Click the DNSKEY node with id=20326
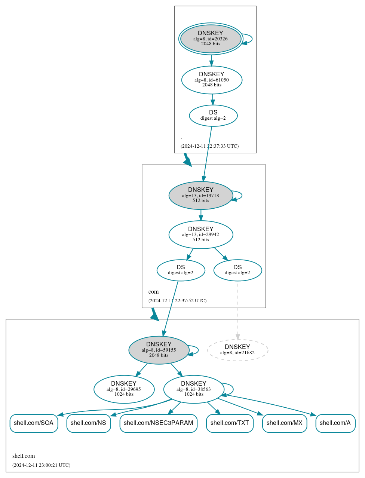pyautogui.click(x=211, y=39)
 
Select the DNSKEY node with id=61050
pyautogui.click(x=212, y=80)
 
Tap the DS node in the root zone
pyautogui.click(x=213, y=116)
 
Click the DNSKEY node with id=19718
pyautogui.click(x=201, y=195)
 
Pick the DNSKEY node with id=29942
pyautogui.click(x=201, y=235)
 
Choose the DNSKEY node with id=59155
pyautogui.click(x=159, y=350)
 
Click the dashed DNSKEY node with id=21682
pyautogui.click(x=237, y=350)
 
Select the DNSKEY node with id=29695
pyautogui.click(x=124, y=389)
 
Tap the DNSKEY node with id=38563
pyautogui.click(x=194, y=389)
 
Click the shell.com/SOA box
pyautogui.click(x=34, y=423)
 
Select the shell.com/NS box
pyautogui.click(x=89, y=423)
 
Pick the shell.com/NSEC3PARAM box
pyautogui.click(x=159, y=423)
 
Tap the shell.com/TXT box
pyautogui.click(x=230, y=423)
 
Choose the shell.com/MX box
pyautogui.click(x=285, y=423)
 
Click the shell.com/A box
pyautogui.click(x=335, y=423)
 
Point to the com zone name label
pyautogui.click(x=153, y=292)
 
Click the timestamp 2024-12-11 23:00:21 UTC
pyautogui.click(x=41, y=465)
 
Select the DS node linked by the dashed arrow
pyautogui.click(x=237, y=270)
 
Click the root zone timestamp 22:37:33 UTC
pyautogui.click(x=209, y=146)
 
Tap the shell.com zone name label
pyautogui.click(x=24, y=456)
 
